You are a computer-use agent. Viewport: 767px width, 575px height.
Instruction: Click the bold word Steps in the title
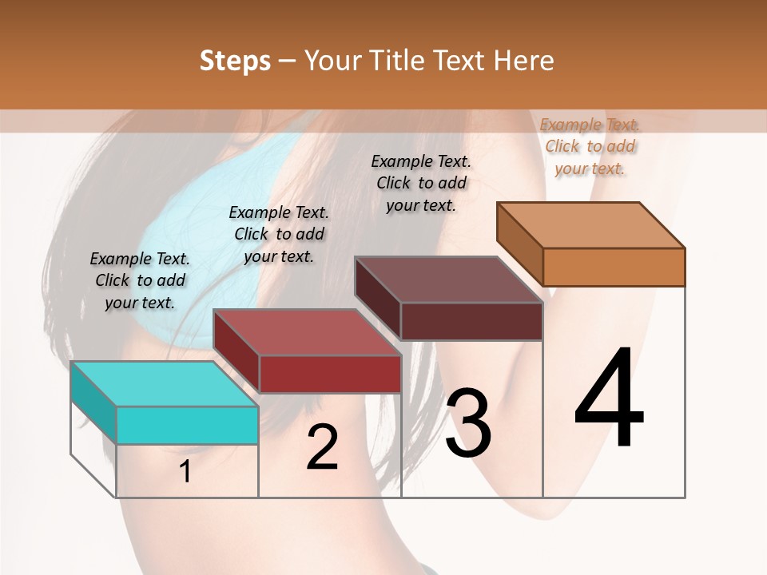click(x=235, y=61)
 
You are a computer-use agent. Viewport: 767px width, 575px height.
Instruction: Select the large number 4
click(x=609, y=399)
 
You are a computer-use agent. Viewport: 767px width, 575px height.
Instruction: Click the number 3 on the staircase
click(x=467, y=424)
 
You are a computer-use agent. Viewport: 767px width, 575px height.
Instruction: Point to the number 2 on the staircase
click(x=322, y=448)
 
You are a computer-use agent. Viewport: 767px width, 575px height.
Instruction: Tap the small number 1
click(x=185, y=472)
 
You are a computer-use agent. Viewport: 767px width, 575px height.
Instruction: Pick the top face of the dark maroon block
click(x=448, y=280)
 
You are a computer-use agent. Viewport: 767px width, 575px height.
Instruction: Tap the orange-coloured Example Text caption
click(x=590, y=146)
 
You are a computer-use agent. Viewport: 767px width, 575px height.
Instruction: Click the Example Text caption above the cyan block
click(x=140, y=280)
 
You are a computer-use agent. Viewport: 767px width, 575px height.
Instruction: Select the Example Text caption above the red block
click(x=278, y=234)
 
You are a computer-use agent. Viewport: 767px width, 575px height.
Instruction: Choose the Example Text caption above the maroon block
click(x=421, y=183)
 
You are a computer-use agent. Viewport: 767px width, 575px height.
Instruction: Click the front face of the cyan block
click(x=187, y=425)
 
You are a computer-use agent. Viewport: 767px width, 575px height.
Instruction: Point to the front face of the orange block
click(x=614, y=267)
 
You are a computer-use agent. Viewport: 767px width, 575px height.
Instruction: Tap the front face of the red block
click(x=329, y=374)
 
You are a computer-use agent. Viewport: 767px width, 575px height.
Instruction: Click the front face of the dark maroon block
click(x=471, y=321)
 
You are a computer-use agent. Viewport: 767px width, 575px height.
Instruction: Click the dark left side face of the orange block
click(x=519, y=244)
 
